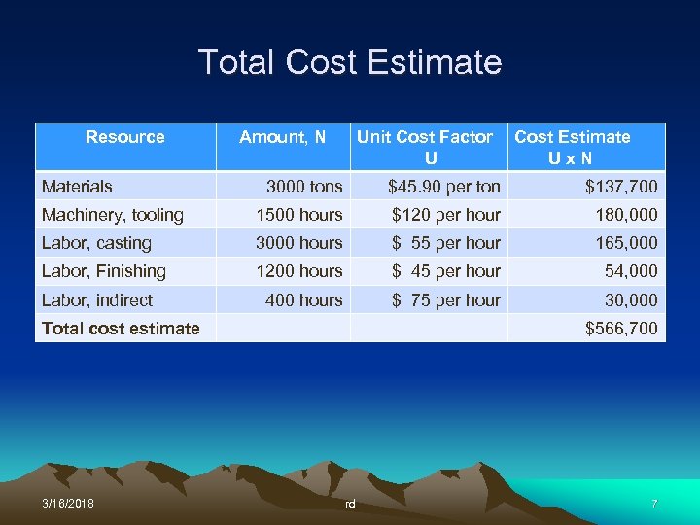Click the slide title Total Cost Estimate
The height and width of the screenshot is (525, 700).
click(x=350, y=62)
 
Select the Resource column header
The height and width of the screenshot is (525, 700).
click(x=125, y=137)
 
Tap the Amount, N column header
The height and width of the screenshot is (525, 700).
click(x=283, y=137)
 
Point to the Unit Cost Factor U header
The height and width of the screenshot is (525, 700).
click(x=425, y=147)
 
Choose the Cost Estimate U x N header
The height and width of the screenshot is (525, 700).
click(x=572, y=147)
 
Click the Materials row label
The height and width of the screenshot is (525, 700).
click(x=77, y=186)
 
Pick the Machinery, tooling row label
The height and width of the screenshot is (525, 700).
click(x=112, y=215)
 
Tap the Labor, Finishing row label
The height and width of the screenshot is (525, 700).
click(x=103, y=271)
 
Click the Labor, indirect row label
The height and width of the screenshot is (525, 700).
click(x=96, y=300)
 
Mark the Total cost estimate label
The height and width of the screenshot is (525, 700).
click(x=121, y=329)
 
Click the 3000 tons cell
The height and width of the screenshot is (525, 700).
click(x=304, y=186)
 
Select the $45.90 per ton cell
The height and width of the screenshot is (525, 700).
click(x=444, y=186)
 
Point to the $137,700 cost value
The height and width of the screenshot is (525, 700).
click(x=620, y=186)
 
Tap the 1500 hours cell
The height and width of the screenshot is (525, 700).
click(x=299, y=215)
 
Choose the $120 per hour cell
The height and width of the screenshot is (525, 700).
click(x=446, y=215)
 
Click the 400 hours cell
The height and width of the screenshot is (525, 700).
click(x=304, y=300)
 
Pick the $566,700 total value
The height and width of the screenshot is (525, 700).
click(x=620, y=329)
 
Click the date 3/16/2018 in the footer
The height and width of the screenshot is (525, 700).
click(x=68, y=504)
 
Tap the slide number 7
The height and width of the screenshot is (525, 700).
click(x=654, y=504)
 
